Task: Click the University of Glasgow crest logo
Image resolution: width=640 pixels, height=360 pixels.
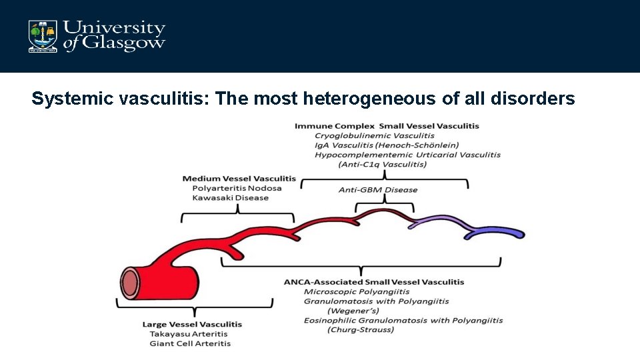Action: [x=42, y=36]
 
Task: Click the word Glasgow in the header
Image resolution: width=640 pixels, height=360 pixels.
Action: [x=123, y=43]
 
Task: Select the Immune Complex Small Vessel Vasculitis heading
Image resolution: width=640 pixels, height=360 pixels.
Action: [x=387, y=126]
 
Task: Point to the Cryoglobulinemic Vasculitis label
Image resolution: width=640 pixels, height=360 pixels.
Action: [x=374, y=135]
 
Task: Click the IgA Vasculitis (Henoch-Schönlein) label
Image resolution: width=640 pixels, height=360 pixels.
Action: [x=387, y=145]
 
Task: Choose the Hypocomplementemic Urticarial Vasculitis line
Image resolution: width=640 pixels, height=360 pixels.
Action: [x=407, y=155]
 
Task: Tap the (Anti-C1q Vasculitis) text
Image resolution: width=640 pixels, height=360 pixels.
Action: [x=382, y=164]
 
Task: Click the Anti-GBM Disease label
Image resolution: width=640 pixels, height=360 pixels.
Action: [x=378, y=190]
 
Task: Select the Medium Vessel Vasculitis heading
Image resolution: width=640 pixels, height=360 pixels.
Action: [x=239, y=178]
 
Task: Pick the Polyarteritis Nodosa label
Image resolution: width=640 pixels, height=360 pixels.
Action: [x=237, y=188]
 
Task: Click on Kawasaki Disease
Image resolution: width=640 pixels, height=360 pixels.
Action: [x=230, y=198]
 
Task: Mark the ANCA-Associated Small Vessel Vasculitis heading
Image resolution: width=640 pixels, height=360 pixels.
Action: [x=374, y=282]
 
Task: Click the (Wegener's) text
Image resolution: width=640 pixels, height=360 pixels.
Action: [x=353, y=311]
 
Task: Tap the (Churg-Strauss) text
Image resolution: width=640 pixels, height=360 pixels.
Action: [x=361, y=330]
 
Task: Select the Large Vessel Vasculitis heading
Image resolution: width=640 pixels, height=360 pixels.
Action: [x=192, y=325]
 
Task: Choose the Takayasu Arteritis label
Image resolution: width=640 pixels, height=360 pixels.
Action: [x=189, y=334]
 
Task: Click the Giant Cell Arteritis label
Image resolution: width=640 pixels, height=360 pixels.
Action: [x=190, y=344]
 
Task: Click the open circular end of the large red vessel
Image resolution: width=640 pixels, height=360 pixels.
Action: [x=130, y=280]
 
